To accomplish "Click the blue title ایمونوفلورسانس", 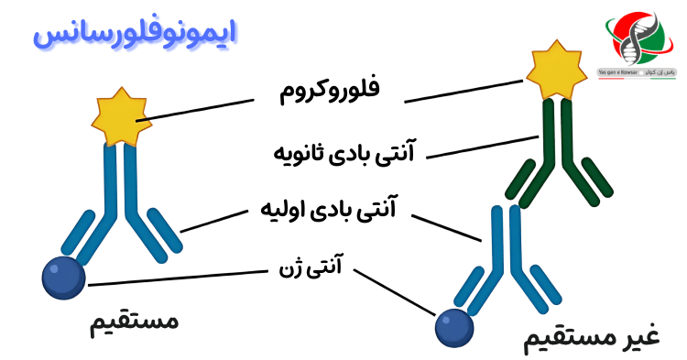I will pos(136,34).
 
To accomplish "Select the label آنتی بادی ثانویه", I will pos(345,150).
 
